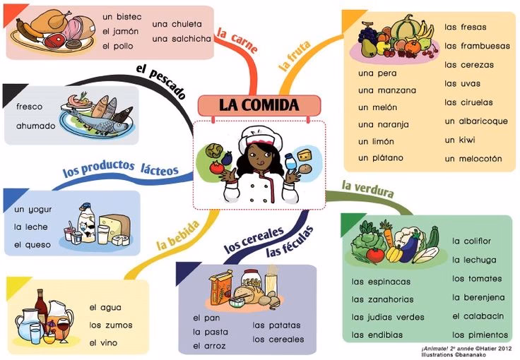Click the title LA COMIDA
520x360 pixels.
(x=259, y=105)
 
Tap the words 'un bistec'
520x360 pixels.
(x=122, y=16)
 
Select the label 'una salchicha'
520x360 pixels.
(x=182, y=39)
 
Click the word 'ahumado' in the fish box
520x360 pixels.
(x=36, y=126)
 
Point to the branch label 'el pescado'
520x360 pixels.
(x=161, y=81)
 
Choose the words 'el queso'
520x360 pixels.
(x=32, y=245)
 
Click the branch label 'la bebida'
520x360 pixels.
(x=178, y=235)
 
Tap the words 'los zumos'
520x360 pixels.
(x=111, y=325)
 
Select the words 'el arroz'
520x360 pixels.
(x=209, y=346)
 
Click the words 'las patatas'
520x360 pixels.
(x=276, y=325)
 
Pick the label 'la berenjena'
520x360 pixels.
(x=478, y=298)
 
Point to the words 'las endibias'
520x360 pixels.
(x=377, y=335)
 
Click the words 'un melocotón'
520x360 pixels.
(x=473, y=159)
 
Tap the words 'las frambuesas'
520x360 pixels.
(x=477, y=46)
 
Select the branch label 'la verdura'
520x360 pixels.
(x=368, y=189)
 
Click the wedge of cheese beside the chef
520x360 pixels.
(x=306, y=155)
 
